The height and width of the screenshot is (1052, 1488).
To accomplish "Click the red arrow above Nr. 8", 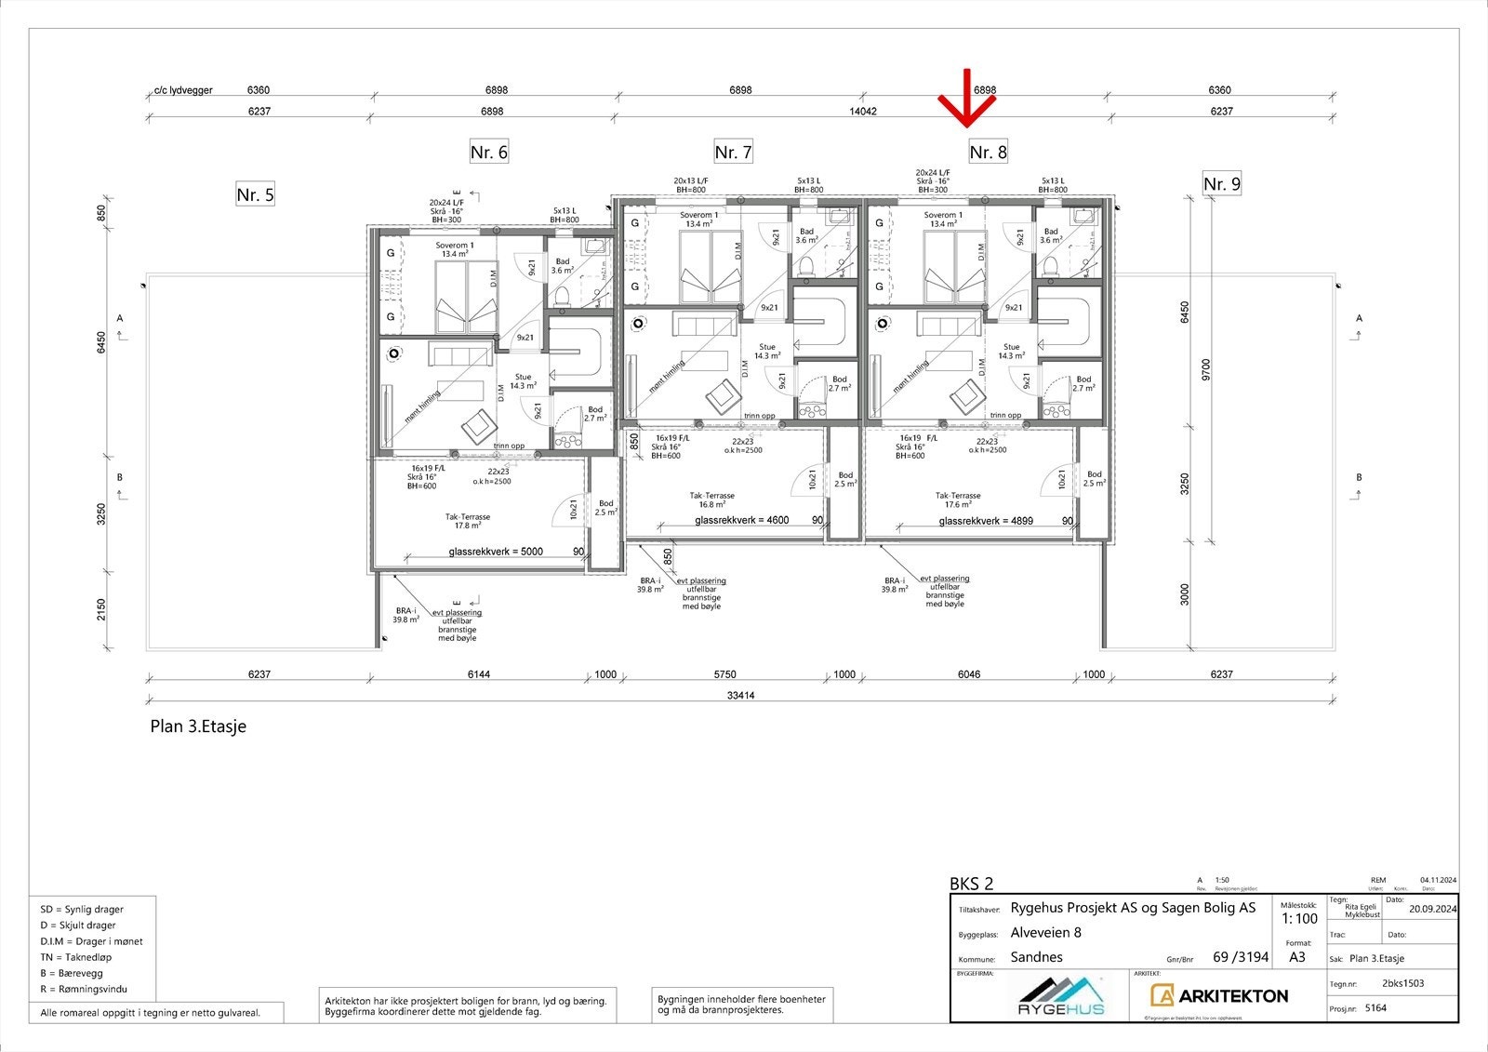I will click(967, 100).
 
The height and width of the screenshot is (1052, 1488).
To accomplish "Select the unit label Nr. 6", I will click(488, 152).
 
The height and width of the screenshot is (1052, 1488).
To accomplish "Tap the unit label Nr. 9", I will click(1222, 184).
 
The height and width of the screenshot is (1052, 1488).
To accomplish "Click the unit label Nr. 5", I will click(255, 194).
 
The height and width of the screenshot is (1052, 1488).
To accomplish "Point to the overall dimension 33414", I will click(740, 695).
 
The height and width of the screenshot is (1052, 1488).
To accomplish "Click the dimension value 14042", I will click(863, 112).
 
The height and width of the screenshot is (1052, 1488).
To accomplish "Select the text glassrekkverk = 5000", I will click(496, 552).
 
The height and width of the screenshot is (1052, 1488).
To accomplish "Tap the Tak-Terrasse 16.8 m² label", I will click(712, 500).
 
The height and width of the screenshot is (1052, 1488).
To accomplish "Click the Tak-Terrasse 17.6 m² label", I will click(958, 500).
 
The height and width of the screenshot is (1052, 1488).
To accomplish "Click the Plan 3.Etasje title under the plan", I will click(198, 727).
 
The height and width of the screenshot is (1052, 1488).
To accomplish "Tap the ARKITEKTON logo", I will click(1219, 996).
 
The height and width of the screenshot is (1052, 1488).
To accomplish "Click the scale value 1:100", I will click(1299, 919).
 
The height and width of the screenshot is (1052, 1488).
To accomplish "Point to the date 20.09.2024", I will click(1433, 910).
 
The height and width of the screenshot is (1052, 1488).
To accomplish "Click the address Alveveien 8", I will click(1046, 933).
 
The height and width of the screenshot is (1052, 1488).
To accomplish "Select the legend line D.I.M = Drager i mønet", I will click(91, 941).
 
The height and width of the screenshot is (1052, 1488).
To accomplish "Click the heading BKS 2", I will click(971, 884).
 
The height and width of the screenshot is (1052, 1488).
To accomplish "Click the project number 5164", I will click(1375, 1007).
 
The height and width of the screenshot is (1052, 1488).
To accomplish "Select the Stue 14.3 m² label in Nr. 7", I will click(766, 351).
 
